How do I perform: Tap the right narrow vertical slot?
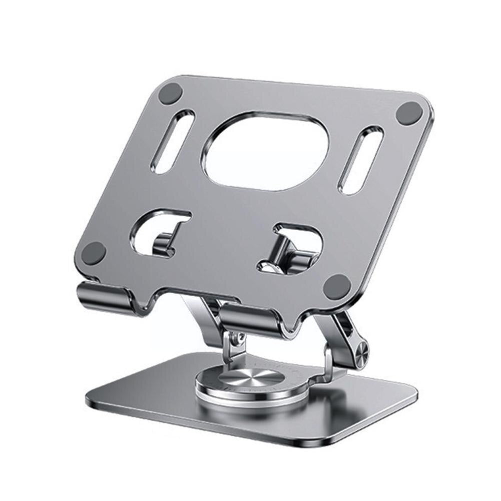361,160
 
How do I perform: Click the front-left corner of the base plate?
96,401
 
